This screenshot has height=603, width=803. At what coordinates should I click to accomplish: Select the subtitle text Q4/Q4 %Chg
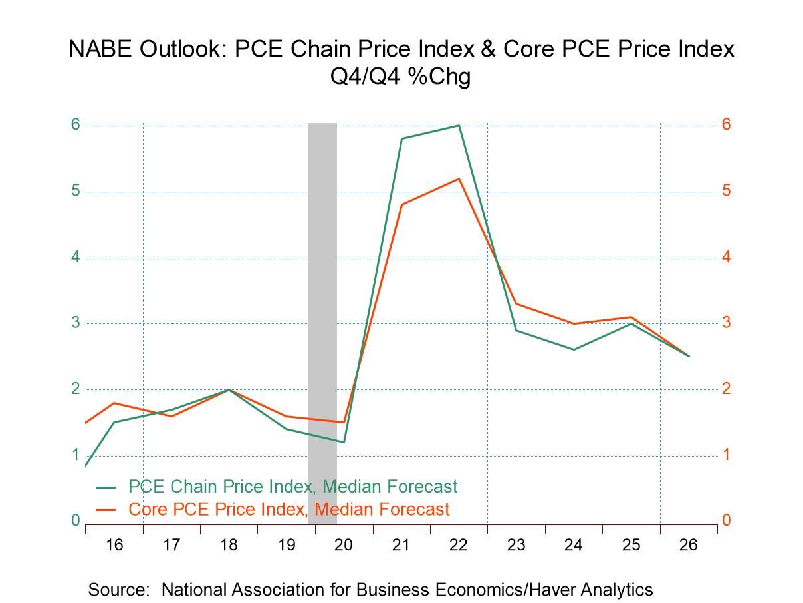(401, 77)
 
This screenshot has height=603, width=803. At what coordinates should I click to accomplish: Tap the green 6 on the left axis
(75, 124)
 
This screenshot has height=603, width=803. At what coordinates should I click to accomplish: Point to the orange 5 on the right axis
(727, 191)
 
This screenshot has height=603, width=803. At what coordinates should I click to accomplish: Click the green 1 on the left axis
(75, 455)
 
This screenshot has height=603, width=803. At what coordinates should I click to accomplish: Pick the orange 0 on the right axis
(727, 520)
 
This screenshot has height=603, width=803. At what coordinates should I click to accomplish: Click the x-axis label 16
(114, 546)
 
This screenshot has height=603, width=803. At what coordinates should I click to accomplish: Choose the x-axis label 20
(343, 546)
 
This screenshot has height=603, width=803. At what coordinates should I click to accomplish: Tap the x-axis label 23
(516, 546)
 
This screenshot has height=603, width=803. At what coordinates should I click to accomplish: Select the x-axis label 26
(689, 546)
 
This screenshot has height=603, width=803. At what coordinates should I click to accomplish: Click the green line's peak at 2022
(459, 125)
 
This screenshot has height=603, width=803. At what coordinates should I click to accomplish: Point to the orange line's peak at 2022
(459, 178)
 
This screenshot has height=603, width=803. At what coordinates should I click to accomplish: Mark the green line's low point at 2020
(344, 442)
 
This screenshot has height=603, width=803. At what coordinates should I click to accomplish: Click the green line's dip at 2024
(574, 349)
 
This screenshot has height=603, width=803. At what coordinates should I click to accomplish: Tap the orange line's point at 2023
(516, 303)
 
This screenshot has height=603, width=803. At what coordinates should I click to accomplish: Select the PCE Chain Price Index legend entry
(292, 487)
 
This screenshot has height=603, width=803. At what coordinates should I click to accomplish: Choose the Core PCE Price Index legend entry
(288, 510)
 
